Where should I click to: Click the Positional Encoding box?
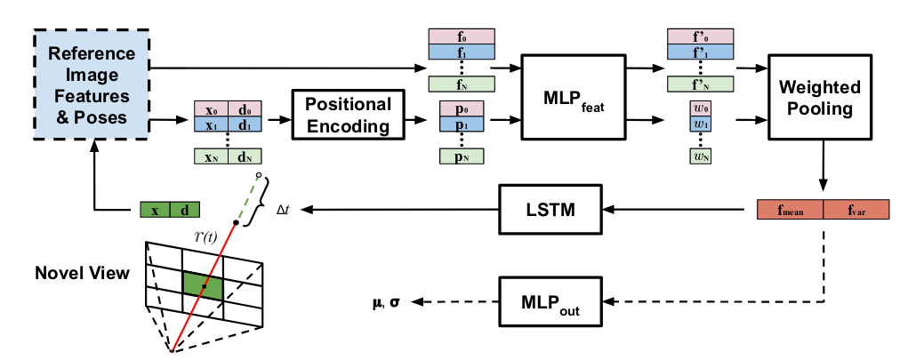347,115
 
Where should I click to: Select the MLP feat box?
567,96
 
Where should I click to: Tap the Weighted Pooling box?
819,99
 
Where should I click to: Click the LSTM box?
550,211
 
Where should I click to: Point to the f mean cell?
789,211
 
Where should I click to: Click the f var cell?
856,211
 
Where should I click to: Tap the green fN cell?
461,84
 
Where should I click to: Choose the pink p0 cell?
461,109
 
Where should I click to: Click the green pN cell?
461,157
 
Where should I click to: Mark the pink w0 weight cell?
700,109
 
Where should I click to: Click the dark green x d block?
170,210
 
